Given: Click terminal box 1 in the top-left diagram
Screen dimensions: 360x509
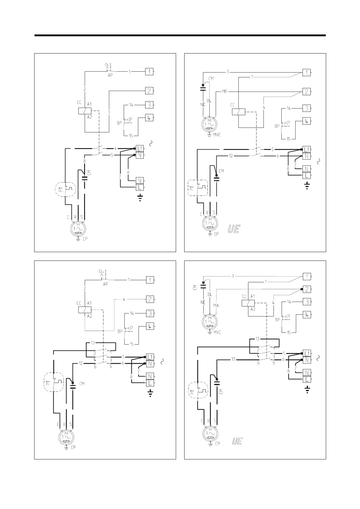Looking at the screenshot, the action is (x=149, y=72).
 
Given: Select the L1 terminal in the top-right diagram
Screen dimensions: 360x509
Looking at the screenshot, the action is (x=306, y=149).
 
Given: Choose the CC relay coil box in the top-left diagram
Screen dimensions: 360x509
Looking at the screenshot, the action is (x=85, y=111).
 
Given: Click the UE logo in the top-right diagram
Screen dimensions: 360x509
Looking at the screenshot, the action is (x=234, y=229).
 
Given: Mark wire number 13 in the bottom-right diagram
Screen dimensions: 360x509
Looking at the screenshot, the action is (x=257, y=339).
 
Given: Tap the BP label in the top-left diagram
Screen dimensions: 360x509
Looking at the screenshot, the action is (x=119, y=123).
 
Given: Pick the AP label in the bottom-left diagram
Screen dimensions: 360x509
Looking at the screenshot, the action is (x=105, y=284).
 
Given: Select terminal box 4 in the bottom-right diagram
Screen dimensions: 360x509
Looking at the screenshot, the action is (x=307, y=315).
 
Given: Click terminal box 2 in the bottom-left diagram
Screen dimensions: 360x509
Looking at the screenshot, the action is (x=150, y=299).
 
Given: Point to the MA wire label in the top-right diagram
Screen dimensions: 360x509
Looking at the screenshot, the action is (x=224, y=91).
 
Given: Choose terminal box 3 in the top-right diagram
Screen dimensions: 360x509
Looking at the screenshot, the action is (x=306, y=108).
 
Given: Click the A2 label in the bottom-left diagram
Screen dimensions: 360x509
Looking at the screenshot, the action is (x=90, y=316).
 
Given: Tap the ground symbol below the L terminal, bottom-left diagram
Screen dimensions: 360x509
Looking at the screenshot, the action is (x=150, y=393).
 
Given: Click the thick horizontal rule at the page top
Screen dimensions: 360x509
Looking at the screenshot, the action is (x=180, y=35).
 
